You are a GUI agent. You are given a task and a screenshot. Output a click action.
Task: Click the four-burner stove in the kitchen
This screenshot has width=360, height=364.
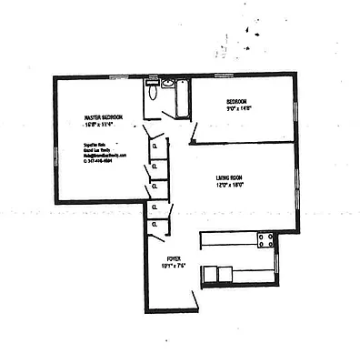tap(266, 240)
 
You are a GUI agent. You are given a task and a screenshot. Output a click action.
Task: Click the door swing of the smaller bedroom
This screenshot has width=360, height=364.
tap(194, 134)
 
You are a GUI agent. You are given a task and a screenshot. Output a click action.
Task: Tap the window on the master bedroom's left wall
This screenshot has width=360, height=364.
tap(56, 155)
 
